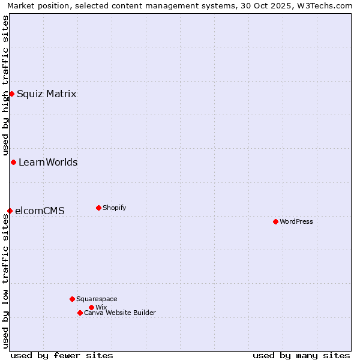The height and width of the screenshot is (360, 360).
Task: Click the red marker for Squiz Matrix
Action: [11, 94]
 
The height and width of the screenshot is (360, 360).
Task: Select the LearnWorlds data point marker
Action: [13, 162]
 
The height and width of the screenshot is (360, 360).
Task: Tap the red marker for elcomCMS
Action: [10, 211]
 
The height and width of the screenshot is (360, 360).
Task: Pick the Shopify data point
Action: [98, 208]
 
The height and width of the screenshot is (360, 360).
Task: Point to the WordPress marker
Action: [275, 221]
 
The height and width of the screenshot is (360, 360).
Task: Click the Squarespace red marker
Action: [72, 299]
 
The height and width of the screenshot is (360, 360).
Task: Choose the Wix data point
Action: [91, 307]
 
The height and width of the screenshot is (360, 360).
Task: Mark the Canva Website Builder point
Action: [80, 313]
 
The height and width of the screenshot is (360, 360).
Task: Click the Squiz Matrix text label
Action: [47, 94]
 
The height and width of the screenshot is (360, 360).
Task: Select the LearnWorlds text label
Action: [48, 162]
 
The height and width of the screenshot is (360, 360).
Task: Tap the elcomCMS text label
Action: [40, 211]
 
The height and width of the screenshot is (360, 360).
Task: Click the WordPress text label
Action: [296, 221]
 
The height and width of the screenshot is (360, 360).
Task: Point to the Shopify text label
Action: [115, 208]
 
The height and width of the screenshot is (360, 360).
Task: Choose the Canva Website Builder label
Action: [120, 313]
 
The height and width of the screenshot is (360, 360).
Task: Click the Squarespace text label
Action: [97, 299]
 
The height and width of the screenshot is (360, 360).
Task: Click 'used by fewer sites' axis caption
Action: [62, 355]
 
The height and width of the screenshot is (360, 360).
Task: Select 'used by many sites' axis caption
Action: [301, 355]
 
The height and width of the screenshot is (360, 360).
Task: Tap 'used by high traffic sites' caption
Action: [5, 86]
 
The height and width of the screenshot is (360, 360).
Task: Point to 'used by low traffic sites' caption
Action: [5, 281]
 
